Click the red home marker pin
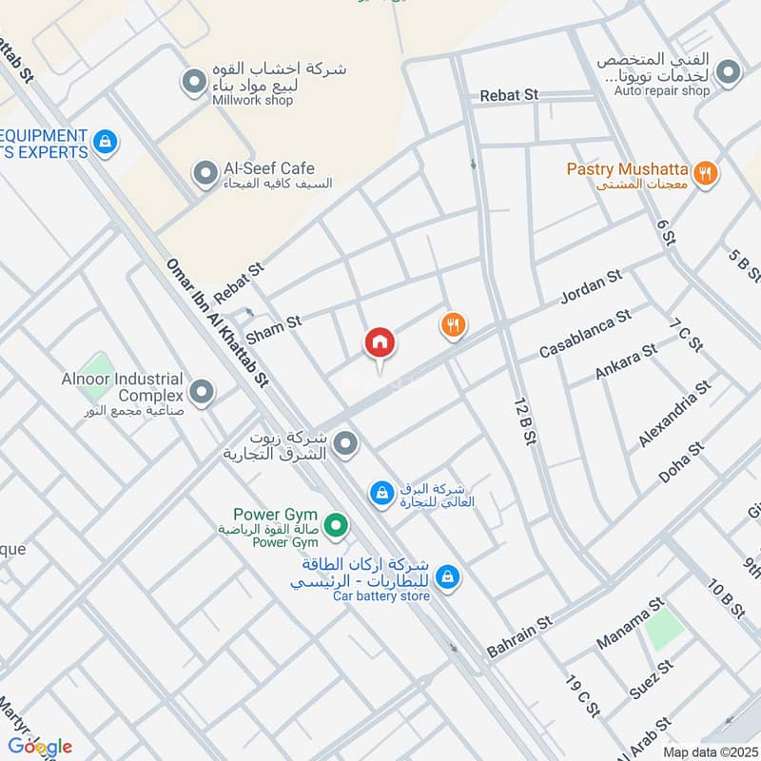coord(380,342)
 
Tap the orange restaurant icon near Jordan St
coord(453,326)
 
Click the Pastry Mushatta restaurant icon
coord(705,173)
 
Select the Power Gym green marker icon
coord(335,524)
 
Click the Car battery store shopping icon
coord(447,576)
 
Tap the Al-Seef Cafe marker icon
coord(204,173)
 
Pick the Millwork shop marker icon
coord(194,80)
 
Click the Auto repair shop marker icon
coord(729,71)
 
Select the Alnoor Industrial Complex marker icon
coord(201,391)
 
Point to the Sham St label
coord(273,330)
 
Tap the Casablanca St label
coord(585,334)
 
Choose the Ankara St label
coord(626,362)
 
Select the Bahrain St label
coord(519,636)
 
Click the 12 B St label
coord(524,420)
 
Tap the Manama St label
coord(629,623)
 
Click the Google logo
coord(39,746)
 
